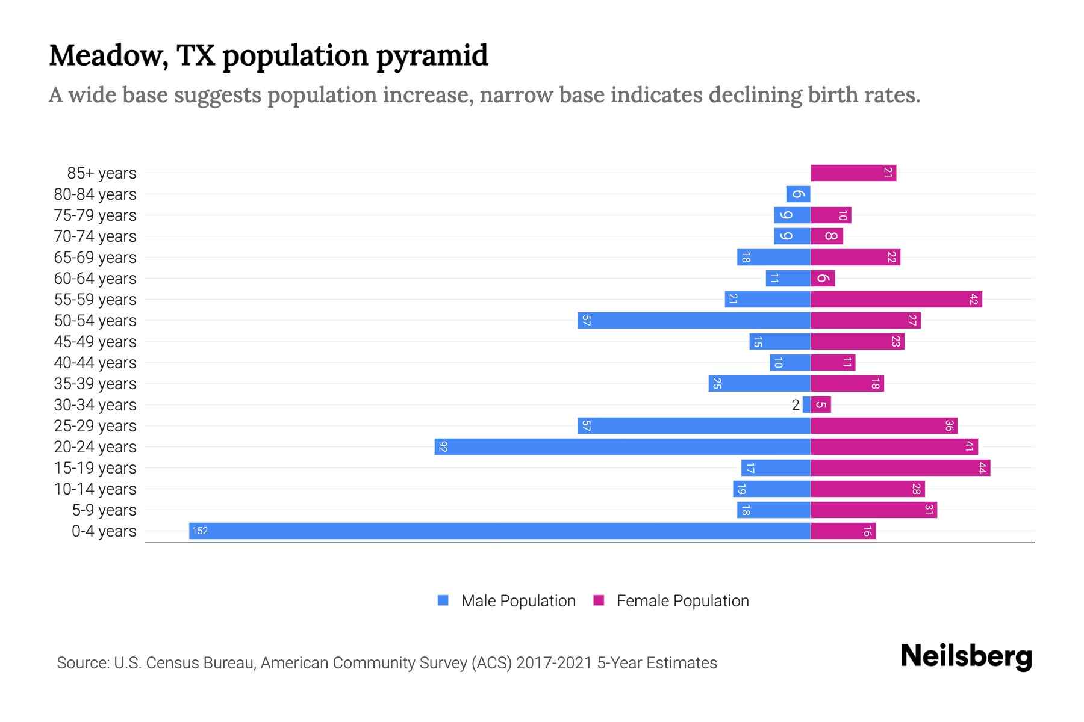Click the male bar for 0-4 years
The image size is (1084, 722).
coord(500,531)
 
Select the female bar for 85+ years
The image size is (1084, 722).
coord(853,173)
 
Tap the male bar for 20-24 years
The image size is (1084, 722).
coord(622,446)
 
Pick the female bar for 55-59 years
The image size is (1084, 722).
coord(896,299)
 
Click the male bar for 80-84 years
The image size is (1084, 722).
coord(798,194)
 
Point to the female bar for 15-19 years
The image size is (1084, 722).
coord(900,467)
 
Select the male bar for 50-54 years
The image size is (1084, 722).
coord(694,320)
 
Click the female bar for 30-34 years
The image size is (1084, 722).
coord(821,404)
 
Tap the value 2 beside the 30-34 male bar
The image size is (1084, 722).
coord(796,405)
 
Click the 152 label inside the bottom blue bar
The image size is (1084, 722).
coord(200,531)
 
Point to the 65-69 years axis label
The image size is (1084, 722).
coord(95,258)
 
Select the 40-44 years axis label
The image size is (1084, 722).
coord(95,363)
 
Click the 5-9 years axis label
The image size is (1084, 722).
coord(104,510)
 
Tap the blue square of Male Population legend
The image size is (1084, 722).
coord(443,600)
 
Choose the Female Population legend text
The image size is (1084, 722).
coord(682,601)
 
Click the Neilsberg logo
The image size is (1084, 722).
coord(966,656)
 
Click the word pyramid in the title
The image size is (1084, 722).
coord(432,56)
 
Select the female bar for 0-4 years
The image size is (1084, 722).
coord(843,531)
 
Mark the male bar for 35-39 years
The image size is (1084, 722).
coord(759,383)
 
